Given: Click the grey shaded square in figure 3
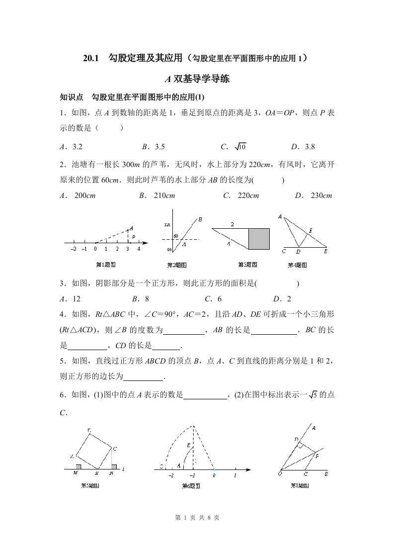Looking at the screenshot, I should pyautogui.click(x=259, y=238).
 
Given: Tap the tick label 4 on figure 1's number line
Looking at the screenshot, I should pyautogui.click(x=139, y=249).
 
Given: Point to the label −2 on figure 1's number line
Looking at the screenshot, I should pyautogui.click(x=73, y=249).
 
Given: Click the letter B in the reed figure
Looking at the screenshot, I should pyautogui.click(x=200, y=219).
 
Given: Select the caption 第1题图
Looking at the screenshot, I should pyautogui.click(x=105, y=265).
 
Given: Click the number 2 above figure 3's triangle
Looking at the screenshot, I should pyautogui.click(x=232, y=225).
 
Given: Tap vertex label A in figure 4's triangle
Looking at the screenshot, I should pyautogui.click(x=280, y=217).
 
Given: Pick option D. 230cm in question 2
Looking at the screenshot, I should pyautogui.click(x=314, y=195).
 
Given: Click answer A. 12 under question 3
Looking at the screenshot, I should pyautogui.click(x=70, y=299).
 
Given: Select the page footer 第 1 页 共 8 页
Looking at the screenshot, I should pyautogui.click(x=197, y=518).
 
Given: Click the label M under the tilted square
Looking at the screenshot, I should pyautogui.click(x=75, y=473).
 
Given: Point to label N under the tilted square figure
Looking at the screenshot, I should pyautogui.click(x=112, y=473).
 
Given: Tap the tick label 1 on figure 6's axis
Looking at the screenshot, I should pyautogui.click(x=235, y=476).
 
